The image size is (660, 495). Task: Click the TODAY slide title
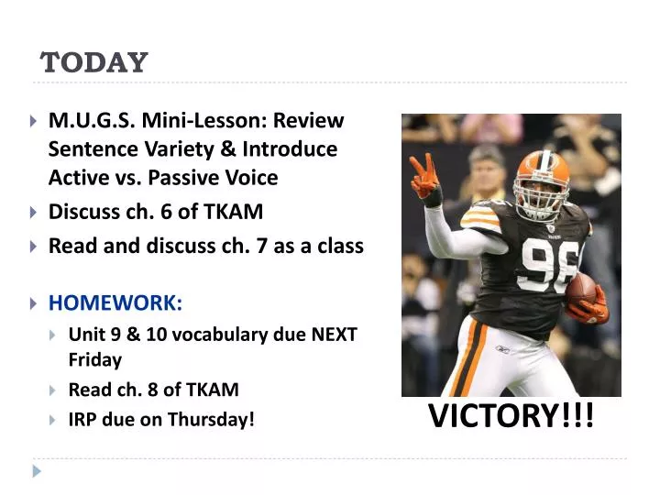pyautogui.click(x=94, y=62)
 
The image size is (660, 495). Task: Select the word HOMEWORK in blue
pyautogui.click(x=115, y=302)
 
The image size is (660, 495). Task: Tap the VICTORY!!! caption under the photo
pyautogui.click(x=511, y=416)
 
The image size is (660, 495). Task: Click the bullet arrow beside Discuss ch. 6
pyautogui.click(x=34, y=213)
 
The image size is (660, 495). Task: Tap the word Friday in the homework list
pyautogui.click(x=94, y=359)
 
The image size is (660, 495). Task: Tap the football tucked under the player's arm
pyautogui.click(x=582, y=291)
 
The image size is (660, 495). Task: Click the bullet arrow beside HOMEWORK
pyautogui.click(x=34, y=302)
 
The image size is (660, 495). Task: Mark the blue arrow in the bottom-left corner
pyautogui.click(x=36, y=471)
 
